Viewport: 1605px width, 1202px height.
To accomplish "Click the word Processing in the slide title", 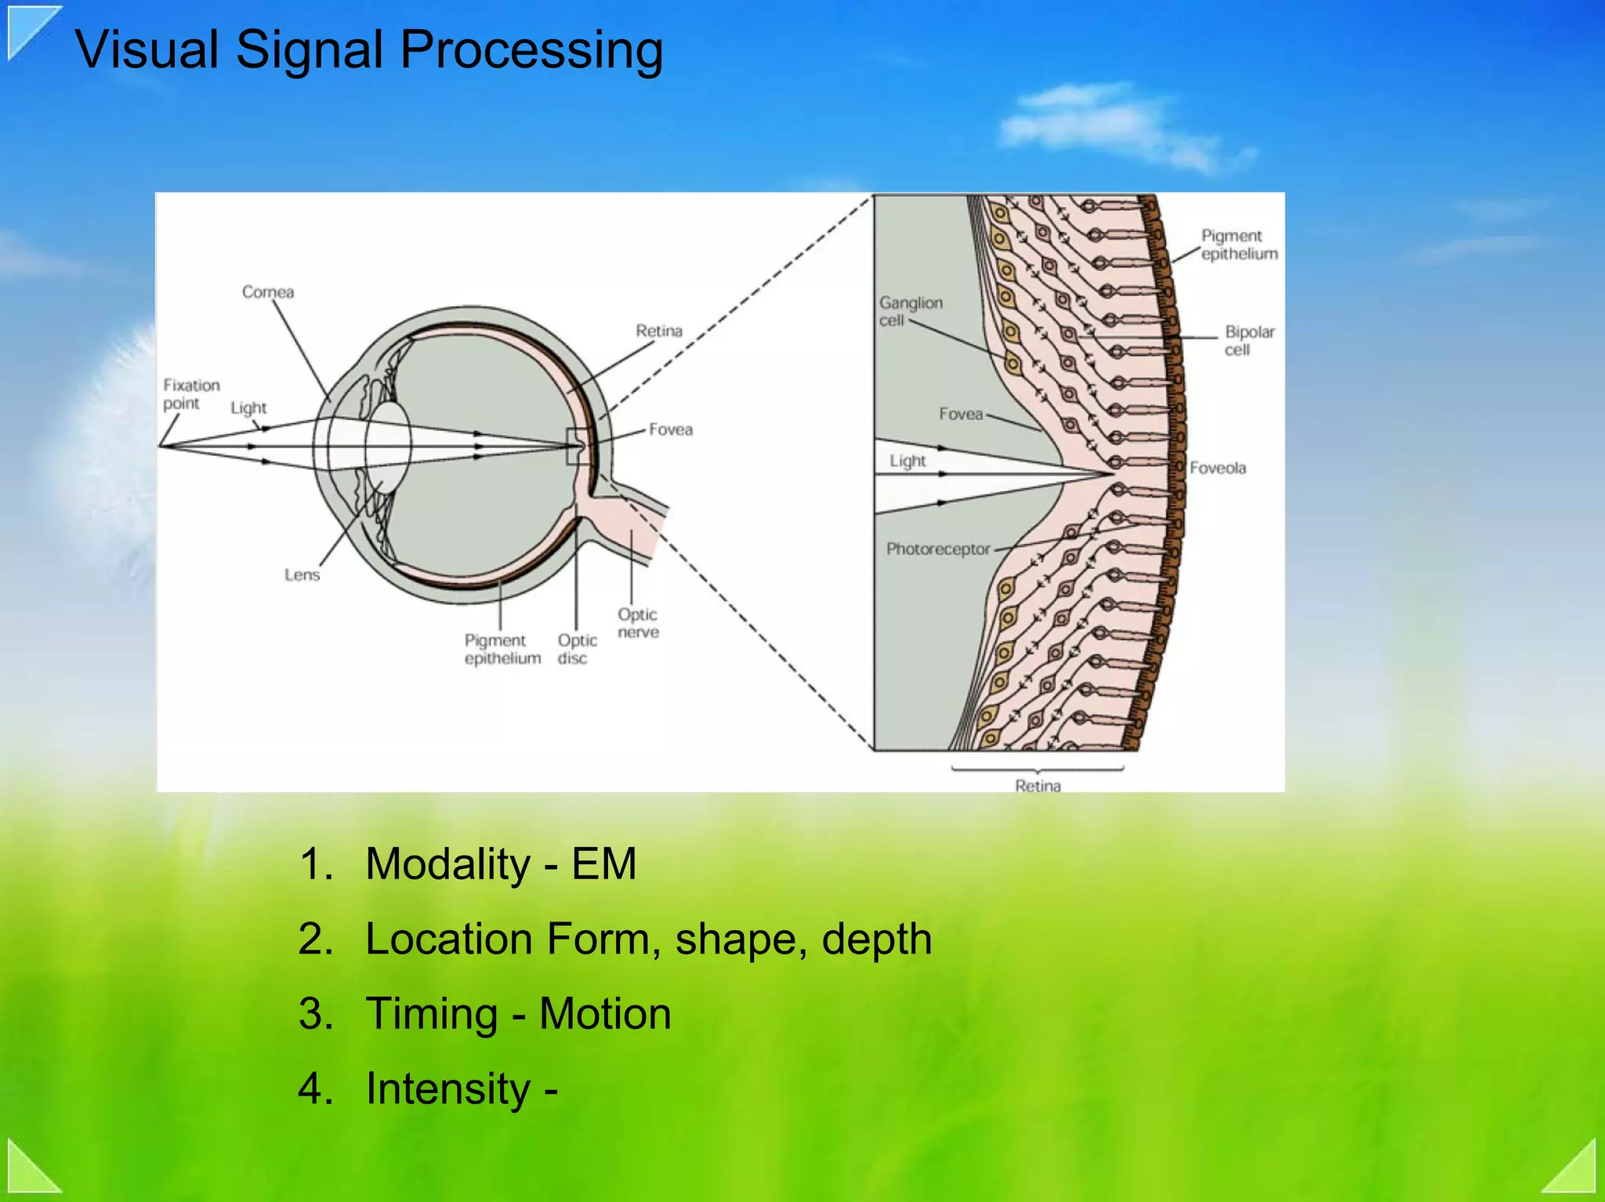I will (x=531, y=51).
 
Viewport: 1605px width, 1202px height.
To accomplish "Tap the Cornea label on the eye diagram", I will (x=268, y=292).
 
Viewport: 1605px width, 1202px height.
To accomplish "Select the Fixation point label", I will (x=190, y=394).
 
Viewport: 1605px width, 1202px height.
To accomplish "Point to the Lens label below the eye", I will (x=302, y=575).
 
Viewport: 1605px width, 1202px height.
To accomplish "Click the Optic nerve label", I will (x=638, y=623).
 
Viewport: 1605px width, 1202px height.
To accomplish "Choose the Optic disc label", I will (x=577, y=650).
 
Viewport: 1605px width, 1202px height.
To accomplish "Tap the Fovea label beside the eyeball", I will (x=671, y=429).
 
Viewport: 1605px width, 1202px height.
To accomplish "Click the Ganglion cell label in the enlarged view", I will (x=910, y=311).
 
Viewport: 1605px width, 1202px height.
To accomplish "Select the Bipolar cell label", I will (x=1249, y=341).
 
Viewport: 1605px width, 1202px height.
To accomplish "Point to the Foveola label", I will (x=1217, y=468).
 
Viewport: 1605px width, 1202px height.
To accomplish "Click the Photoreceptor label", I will (x=938, y=549).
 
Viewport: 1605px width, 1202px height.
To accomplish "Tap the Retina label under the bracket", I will (x=1038, y=785).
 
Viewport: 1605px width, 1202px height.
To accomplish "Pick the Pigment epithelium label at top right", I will (x=1238, y=244).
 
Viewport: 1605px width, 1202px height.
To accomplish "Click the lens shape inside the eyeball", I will (x=389, y=447).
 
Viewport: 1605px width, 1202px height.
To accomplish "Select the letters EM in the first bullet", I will (x=603, y=864).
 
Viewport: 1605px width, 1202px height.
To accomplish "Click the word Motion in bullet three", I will (x=605, y=1013).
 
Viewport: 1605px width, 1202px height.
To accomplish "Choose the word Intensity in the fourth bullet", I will (x=448, y=1088).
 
